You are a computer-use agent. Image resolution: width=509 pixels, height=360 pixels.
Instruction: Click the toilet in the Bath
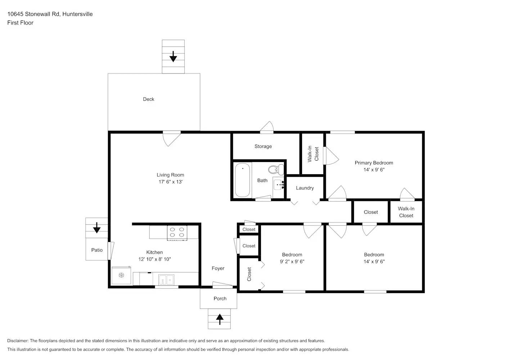276,169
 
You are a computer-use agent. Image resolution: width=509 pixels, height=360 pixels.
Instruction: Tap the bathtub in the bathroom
243,180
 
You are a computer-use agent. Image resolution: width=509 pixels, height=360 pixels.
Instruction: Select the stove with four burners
177,233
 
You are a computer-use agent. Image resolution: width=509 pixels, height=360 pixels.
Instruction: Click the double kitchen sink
166,280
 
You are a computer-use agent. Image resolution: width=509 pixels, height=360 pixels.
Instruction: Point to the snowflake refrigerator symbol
122,275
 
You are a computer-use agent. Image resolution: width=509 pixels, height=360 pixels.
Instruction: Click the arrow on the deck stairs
173,57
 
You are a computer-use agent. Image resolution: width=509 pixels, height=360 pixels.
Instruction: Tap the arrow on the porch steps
220,319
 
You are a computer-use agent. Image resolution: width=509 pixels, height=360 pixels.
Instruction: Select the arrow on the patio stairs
97,228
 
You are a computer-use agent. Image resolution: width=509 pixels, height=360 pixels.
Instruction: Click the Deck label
149,99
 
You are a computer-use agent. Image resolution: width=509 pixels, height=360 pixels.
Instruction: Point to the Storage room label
263,147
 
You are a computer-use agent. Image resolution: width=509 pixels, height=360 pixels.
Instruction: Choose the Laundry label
305,188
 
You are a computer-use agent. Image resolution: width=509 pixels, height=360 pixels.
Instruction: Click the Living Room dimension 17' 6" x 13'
170,182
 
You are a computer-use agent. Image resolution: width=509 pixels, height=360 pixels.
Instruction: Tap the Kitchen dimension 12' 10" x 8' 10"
154,259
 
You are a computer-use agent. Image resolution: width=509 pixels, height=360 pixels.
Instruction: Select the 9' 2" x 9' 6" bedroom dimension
292,261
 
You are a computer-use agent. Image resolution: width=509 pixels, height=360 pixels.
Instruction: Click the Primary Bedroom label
374,163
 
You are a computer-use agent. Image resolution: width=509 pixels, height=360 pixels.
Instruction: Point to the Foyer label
218,268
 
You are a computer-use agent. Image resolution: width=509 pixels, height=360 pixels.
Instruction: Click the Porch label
220,298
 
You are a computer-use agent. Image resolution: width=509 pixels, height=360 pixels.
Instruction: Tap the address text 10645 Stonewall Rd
33,14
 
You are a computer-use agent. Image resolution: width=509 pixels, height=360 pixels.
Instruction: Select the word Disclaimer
18,341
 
